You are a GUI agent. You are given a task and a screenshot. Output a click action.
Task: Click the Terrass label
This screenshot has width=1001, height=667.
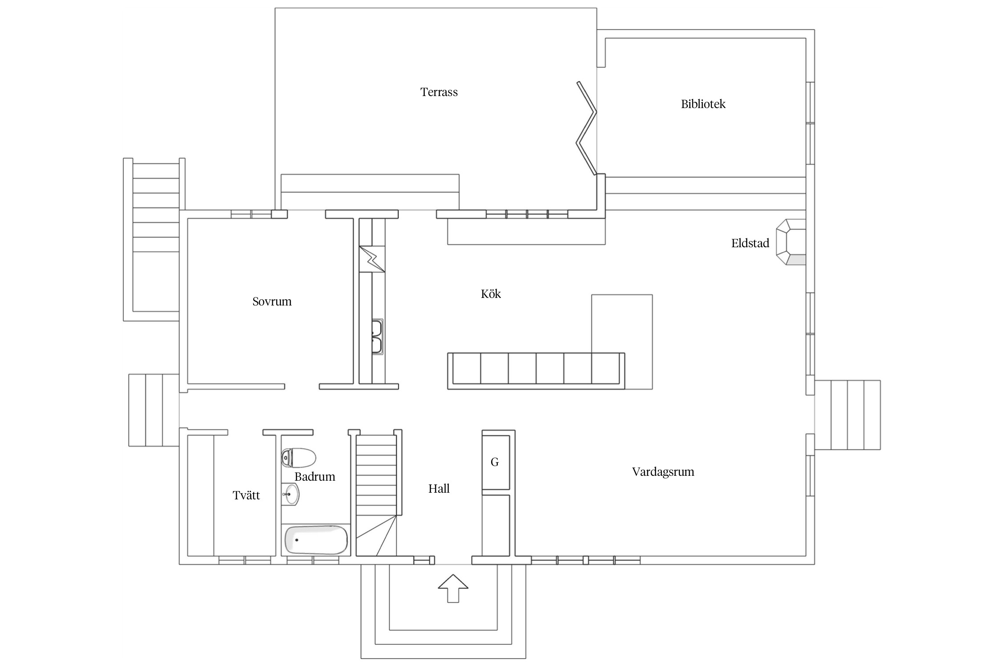pos(439,92)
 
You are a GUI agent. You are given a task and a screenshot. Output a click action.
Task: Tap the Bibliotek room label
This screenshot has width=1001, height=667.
pos(703,104)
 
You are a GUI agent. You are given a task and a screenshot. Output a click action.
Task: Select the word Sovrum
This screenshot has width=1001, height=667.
pos(272,301)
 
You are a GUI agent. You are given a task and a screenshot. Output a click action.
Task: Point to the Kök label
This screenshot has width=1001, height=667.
pos(491,294)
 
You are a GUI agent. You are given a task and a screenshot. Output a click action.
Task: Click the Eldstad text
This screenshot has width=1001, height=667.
pos(750,243)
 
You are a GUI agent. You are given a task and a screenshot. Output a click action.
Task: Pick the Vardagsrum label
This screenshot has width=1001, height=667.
pos(663,472)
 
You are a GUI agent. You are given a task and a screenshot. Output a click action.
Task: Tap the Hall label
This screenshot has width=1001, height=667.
pos(439,489)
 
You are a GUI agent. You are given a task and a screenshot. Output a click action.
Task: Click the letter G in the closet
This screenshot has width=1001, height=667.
pos(495,462)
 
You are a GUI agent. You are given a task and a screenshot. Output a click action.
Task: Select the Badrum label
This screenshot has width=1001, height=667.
pos(315,477)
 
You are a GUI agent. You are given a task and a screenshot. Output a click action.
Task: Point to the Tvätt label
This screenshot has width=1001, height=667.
pos(246,495)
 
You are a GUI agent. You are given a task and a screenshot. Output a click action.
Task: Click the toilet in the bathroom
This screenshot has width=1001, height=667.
pos(299,458)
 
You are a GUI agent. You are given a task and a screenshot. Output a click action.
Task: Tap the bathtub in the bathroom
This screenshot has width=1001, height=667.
pos(316,540)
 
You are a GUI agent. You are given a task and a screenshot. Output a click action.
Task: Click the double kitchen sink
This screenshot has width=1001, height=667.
pos(377,336)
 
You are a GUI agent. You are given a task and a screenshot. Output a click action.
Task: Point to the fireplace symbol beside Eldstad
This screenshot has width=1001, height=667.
pos(791,242)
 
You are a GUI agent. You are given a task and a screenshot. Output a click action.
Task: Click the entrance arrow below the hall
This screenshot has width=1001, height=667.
pos(453,588)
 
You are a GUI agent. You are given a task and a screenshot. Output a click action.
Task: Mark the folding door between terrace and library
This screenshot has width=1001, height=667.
pos(586,128)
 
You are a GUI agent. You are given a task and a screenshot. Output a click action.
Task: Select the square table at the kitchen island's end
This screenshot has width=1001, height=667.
pos(622,342)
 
